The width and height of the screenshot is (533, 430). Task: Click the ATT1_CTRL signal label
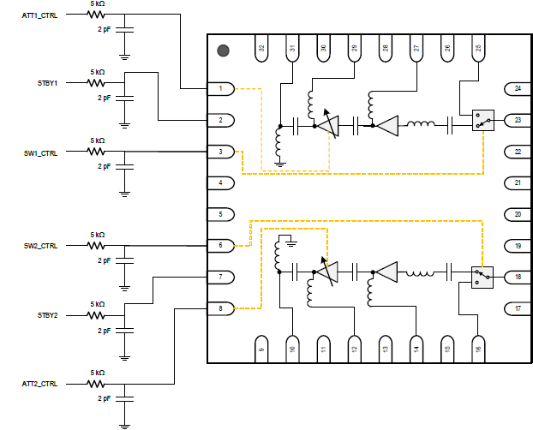[x=39, y=15]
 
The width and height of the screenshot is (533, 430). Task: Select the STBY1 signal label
[x=47, y=83]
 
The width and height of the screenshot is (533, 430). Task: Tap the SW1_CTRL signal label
[x=40, y=153]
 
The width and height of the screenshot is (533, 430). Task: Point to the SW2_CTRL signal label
[x=40, y=246]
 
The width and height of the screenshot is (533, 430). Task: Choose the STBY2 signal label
[x=47, y=315]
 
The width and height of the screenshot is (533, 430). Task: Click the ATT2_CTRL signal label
[x=39, y=384]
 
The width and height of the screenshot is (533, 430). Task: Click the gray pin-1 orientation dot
[x=223, y=51]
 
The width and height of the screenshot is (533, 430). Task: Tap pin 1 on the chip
[x=221, y=89]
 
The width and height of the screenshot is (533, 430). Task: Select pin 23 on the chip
[x=518, y=120]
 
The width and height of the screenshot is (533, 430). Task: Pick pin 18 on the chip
[x=518, y=277]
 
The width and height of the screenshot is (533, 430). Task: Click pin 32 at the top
[x=261, y=48]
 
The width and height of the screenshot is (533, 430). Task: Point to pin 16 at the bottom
[x=478, y=349]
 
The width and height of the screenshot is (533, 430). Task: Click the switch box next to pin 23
[x=483, y=120]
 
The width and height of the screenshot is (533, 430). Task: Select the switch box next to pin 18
[x=482, y=278]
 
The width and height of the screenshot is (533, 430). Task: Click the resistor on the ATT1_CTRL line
[x=96, y=15]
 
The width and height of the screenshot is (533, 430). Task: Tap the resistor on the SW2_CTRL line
[x=96, y=246]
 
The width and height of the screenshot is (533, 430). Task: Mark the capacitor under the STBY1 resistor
[x=125, y=99]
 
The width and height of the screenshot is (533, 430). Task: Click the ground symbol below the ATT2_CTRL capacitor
[x=125, y=426]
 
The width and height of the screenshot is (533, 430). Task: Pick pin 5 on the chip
[x=221, y=214]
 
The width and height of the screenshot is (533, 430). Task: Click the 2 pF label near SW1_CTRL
[x=104, y=166]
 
